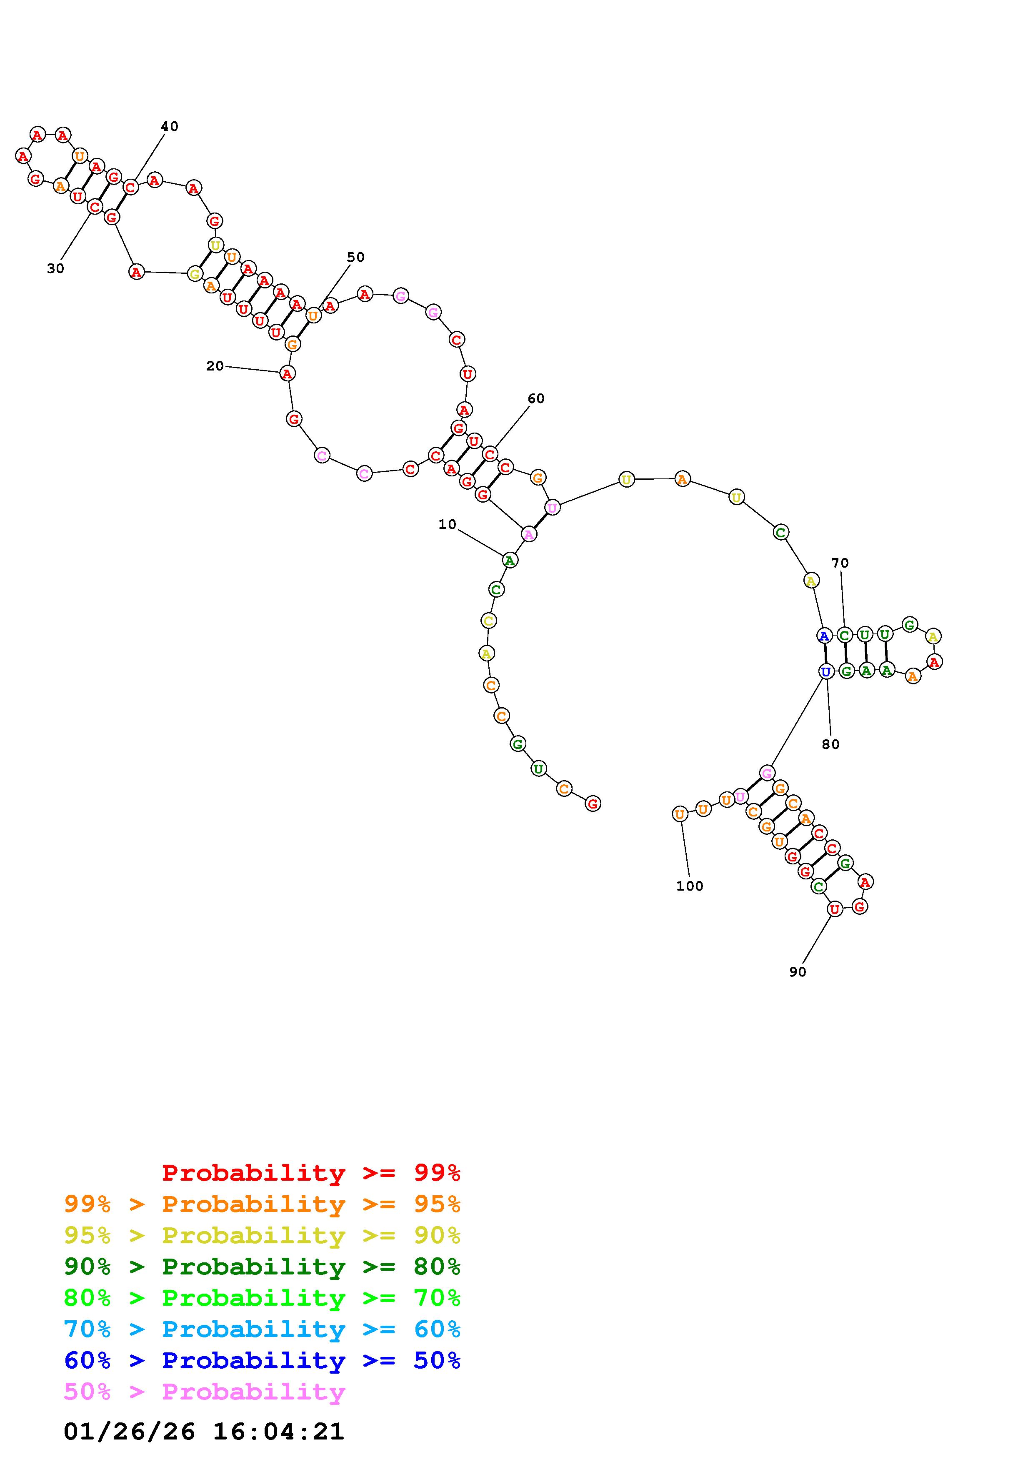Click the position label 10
[448, 524]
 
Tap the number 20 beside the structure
[215, 365]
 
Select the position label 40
[169, 126]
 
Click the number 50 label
[356, 257]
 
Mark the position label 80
[830, 744]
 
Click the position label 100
[690, 886]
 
